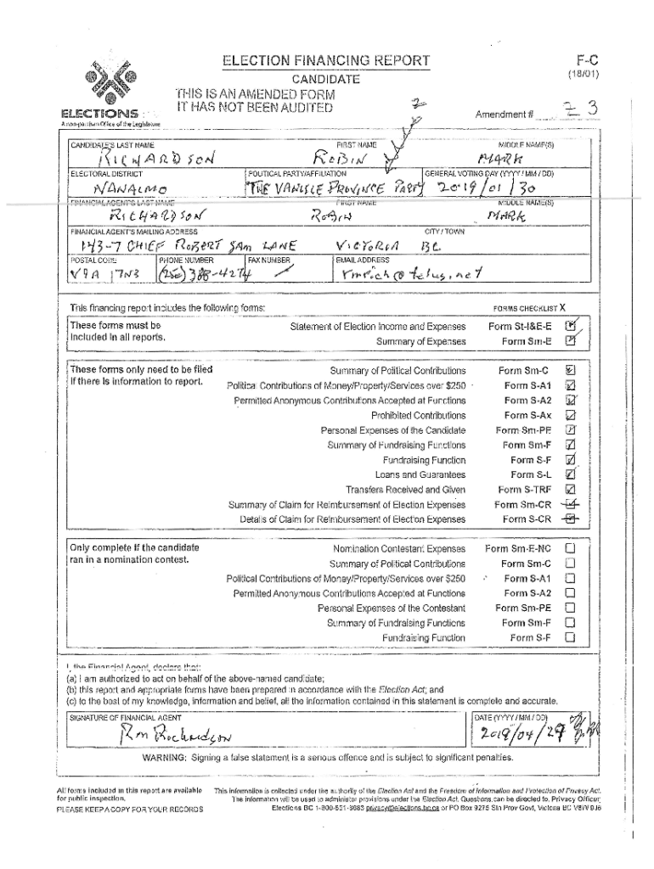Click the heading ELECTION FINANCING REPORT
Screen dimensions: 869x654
coord(326,61)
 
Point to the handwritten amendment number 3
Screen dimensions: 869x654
coord(590,109)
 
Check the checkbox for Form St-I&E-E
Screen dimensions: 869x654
coord(572,326)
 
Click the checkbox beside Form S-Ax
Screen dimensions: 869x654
coord(571,415)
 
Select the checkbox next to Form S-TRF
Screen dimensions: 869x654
coord(571,489)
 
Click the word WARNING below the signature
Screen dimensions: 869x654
coord(168,756)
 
